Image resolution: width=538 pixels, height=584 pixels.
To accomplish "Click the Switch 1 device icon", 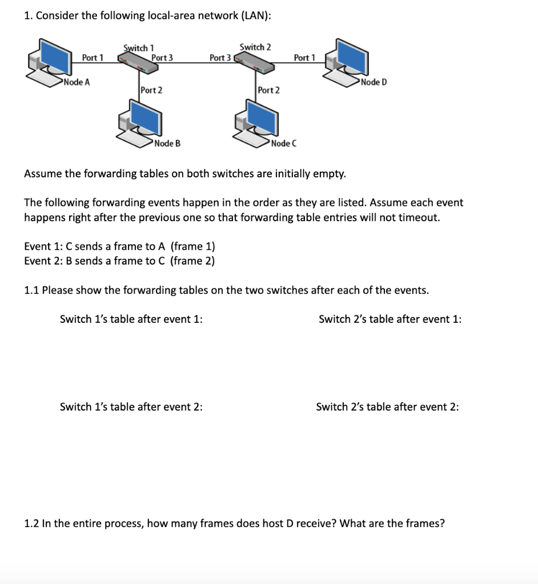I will (137, 63).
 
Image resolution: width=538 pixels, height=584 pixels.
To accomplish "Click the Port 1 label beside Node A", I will (93, 57).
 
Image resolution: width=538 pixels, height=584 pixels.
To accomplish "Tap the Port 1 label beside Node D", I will (304, 57).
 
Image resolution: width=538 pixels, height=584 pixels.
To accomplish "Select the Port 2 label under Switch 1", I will (151, 90).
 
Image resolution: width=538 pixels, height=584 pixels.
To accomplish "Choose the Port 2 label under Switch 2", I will (268, 90).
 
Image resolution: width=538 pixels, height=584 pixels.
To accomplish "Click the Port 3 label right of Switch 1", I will (162, 57).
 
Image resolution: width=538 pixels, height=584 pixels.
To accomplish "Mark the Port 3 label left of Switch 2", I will (220, 57).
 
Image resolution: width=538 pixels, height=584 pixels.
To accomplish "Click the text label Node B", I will (167, 143).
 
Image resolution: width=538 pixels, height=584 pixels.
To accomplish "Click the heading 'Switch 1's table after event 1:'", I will (131, 319).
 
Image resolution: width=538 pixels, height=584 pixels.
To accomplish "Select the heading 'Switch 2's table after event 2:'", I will (387, 407).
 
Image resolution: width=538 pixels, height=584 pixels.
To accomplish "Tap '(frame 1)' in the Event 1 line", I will (193, 246).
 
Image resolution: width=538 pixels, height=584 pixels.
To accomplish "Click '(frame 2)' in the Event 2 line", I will (192, 261).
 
